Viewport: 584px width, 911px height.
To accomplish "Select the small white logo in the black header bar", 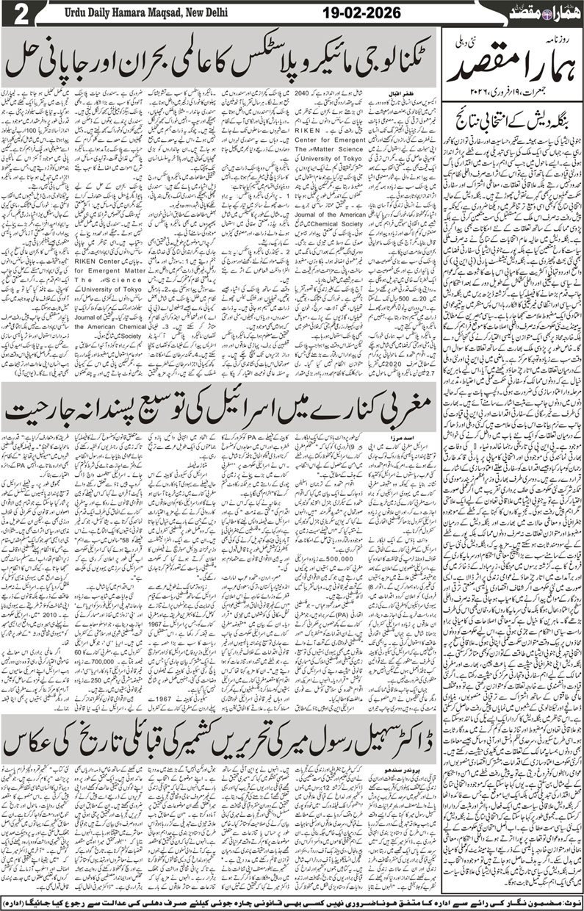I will pyautogui.click(x=551, y=12).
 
